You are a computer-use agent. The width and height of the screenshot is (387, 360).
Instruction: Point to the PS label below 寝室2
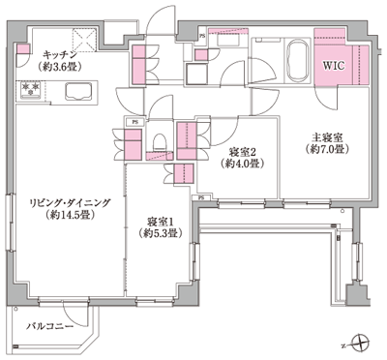tap(200, 197)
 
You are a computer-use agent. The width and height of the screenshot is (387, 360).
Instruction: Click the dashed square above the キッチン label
tap(83, 38)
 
